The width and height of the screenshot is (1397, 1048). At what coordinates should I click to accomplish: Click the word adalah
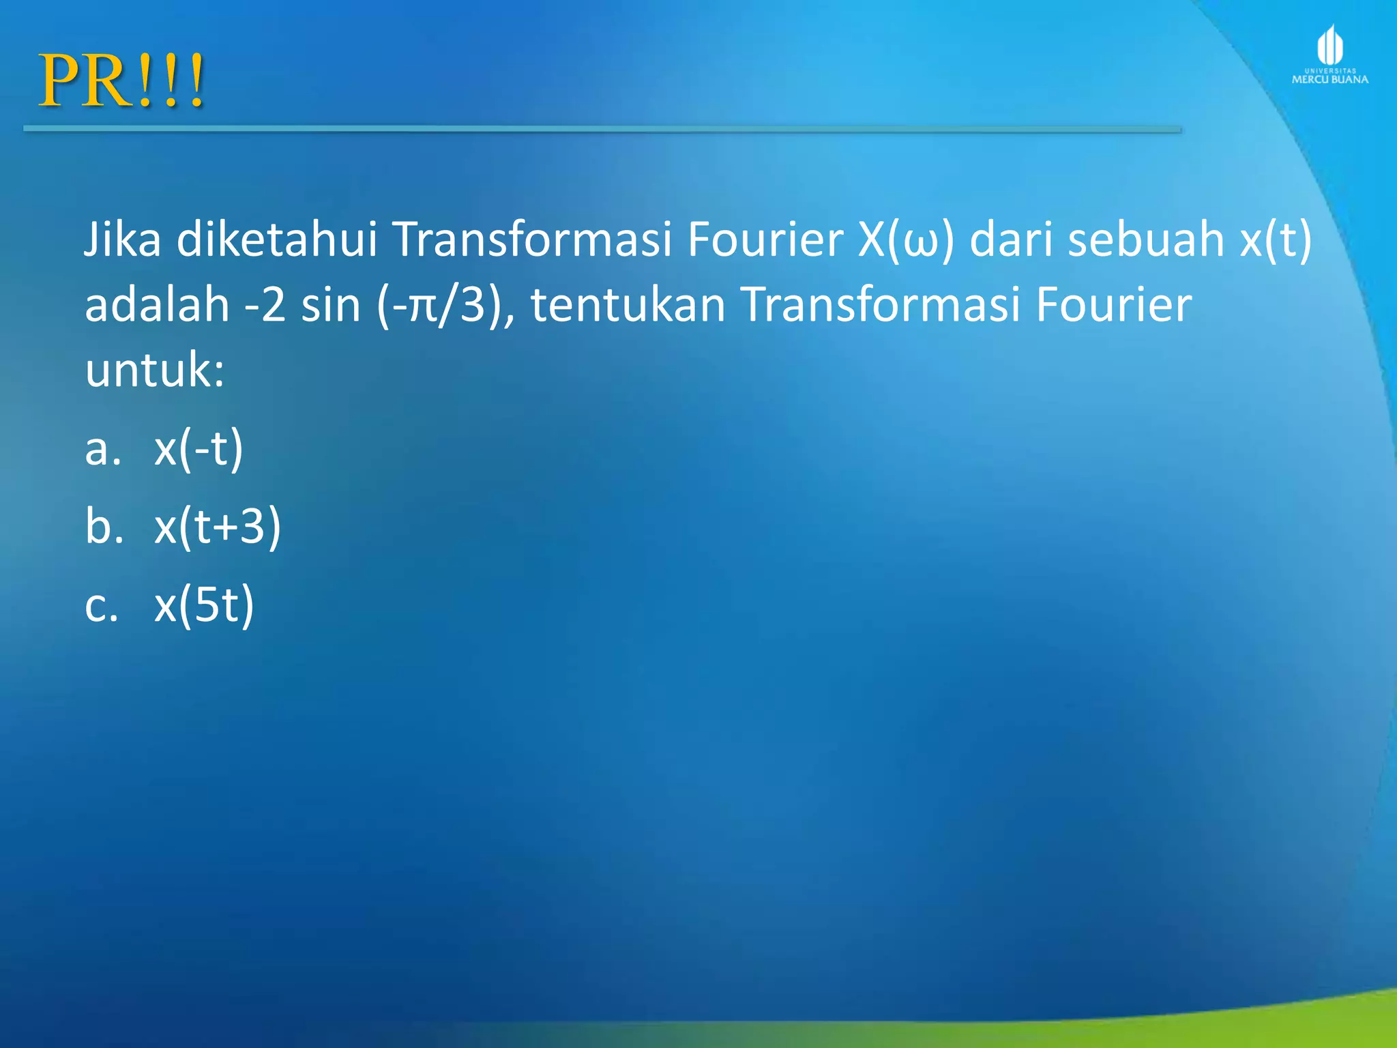157,304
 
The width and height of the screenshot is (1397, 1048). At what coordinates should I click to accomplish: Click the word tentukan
628,304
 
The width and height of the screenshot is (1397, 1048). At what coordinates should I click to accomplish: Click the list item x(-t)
198,449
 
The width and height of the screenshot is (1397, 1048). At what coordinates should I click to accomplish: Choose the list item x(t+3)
218,527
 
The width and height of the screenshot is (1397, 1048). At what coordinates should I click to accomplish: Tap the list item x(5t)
204,605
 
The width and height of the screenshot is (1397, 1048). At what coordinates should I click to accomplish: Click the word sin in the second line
331,304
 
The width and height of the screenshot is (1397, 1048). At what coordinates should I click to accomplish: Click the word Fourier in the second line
1113,304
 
